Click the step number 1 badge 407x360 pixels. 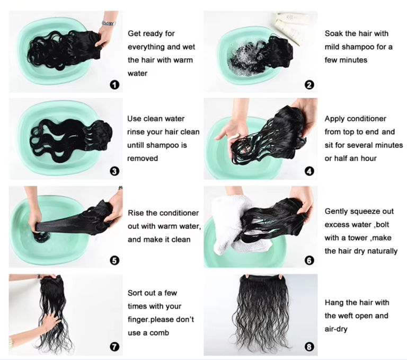[114, 85]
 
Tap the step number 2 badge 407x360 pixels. [309, 85]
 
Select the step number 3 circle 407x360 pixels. [114, 171]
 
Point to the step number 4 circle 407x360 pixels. [309, 171]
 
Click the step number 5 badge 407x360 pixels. [114, 260]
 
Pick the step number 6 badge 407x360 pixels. [309, 260]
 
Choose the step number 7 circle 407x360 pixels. [114, 347]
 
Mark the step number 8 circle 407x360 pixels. [309, 347]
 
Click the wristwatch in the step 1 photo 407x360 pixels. [109, 23]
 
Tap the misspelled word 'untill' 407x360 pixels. [136, 145]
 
